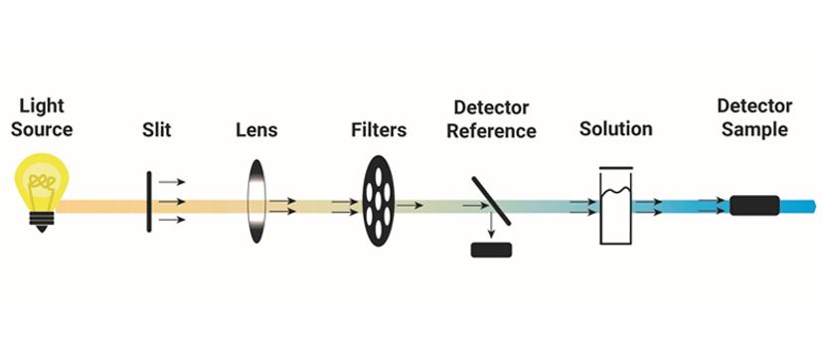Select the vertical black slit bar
point(150,202)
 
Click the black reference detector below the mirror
point(491,250)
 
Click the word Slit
point(158,130)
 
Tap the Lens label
point(256,130)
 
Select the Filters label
point(379,130)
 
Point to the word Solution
point(615,129)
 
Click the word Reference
point(491,131)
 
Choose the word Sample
point(753,130)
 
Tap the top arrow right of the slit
point(172,182)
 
